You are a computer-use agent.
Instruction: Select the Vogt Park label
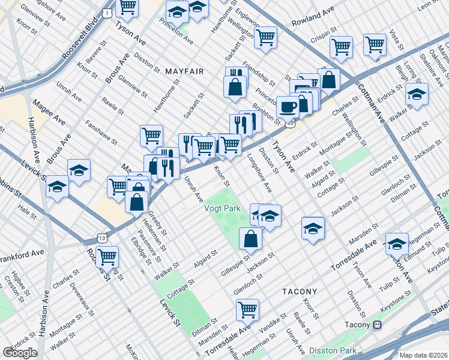click(222, 208)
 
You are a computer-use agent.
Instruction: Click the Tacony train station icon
click(377, 325)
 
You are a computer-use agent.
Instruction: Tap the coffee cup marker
click(288, 106)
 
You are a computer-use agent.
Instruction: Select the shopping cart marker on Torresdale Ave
click(247, 309)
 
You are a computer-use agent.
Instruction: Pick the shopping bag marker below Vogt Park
click(250, 238)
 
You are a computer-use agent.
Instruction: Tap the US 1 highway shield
click(106, 13)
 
